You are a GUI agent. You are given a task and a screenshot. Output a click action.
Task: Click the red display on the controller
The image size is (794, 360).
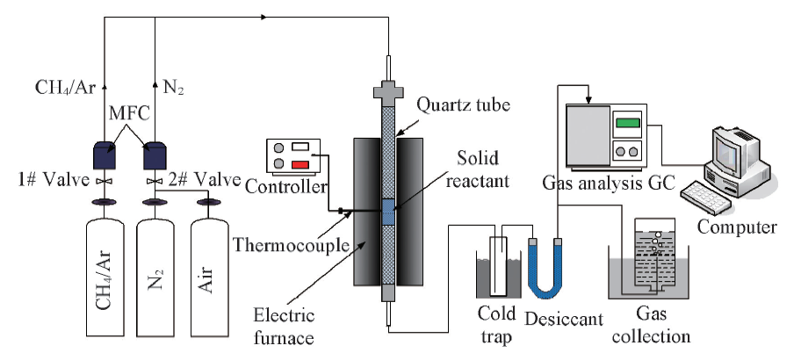coord(301,164)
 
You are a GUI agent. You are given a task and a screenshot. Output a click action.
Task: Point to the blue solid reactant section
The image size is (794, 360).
coord(388,208)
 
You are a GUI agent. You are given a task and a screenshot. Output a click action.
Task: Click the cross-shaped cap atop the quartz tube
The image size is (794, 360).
coord(387,91)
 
